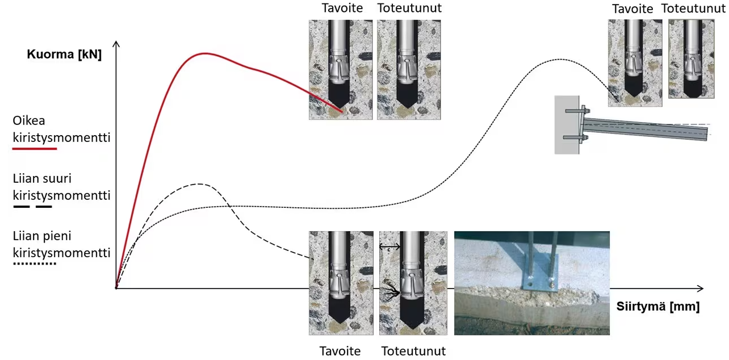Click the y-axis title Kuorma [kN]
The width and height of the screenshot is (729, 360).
pos(64,55)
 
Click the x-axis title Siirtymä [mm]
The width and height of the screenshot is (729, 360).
pos(657,307)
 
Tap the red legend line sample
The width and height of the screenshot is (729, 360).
pos(35,149)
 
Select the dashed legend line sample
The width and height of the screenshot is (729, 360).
pos(32,206)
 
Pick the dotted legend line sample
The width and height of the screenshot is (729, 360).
pos(35,263)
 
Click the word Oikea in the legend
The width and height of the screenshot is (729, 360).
pos(28,121)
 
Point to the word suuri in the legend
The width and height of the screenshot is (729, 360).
pos(58,178)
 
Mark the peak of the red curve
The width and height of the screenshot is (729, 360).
pos(205,53)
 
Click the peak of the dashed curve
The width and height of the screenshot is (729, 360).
pos(199,184)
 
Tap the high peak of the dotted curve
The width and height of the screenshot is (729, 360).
pos(560,59)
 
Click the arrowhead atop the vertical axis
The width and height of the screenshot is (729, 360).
pos(116,44)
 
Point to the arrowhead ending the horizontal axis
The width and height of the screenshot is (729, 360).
pos(701,288)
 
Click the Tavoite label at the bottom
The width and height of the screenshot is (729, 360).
pos(340,351)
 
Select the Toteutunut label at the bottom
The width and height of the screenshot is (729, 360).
pos(413,351)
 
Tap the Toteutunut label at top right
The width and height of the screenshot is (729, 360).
pos(694,9)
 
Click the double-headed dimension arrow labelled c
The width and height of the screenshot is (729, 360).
pos(389,247)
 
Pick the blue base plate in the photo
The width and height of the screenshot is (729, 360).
pos(541,272)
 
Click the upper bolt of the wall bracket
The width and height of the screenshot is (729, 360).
pos(577,111)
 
